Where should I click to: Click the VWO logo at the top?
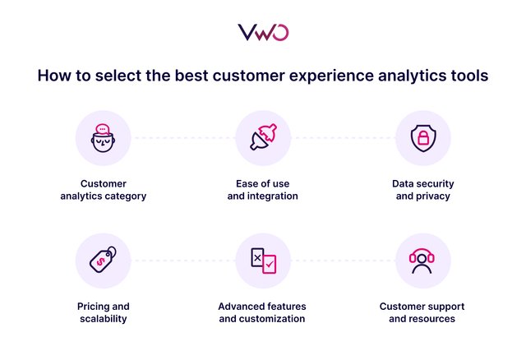pos(263,32)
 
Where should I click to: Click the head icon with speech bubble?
pos(103,138)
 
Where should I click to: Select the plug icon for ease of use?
pos(262,138)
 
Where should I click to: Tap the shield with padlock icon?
pos(422,138)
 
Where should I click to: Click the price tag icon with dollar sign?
pos(103,260)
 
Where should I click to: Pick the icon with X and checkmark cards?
pos(262,260)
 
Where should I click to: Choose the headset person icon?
pos(422,261)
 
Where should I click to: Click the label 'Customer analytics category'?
pos(103,190)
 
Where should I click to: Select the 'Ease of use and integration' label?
pos(262,190)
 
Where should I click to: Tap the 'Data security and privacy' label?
pos(422,190)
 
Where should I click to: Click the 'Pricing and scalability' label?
pos(103,312)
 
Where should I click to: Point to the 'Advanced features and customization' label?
pos(262,312)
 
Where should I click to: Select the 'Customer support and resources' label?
pos(422,312)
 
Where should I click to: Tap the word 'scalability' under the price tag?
pos(103,319)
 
